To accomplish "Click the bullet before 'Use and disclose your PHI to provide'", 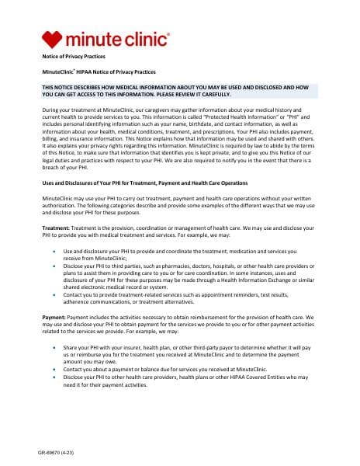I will click(53, 252).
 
